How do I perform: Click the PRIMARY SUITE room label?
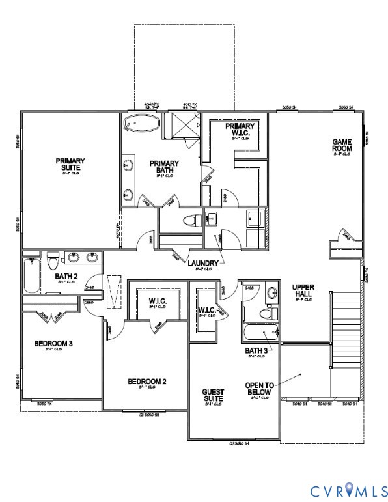70,164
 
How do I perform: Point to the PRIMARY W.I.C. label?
237,131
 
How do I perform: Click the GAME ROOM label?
342,145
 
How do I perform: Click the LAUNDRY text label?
202,263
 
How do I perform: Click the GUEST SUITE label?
213,395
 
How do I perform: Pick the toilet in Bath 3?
272,312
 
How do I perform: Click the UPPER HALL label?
303,290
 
